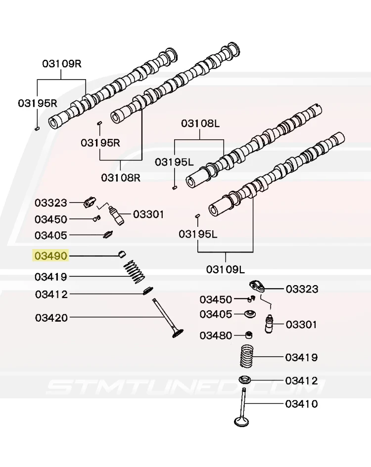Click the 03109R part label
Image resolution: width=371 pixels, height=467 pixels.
coord(62,63)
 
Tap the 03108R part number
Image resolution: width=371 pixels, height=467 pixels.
coord(121,177)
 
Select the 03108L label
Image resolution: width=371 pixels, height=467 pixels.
coord(200,123)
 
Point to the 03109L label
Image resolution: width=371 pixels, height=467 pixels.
coord(225,269)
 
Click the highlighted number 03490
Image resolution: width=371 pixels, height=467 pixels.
coord(51,255)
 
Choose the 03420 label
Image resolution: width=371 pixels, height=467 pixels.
coord(51,317)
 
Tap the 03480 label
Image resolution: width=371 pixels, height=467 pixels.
coord(216,336)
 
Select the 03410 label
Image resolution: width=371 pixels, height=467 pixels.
coord(302,404)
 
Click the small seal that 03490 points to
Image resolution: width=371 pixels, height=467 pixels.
coord(122,255)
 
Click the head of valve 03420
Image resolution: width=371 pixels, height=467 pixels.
coord(178,333)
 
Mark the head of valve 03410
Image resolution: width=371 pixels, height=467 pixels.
coord(241,422)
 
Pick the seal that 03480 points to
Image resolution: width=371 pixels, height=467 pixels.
coord(248,335)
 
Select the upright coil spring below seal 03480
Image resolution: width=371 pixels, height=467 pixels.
coord(247,356)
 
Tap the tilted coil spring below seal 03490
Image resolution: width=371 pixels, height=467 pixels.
coord(134,272)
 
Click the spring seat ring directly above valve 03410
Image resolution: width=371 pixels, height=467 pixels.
coord(244,380)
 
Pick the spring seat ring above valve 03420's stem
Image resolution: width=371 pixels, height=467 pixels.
coord(148,291)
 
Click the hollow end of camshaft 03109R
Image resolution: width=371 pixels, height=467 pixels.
coord(54,123)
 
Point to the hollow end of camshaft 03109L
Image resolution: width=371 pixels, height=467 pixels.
coord(214,210)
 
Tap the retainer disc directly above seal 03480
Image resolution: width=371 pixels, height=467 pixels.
coord(250,314)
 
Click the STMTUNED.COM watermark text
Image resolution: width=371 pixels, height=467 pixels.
coord(185,386)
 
